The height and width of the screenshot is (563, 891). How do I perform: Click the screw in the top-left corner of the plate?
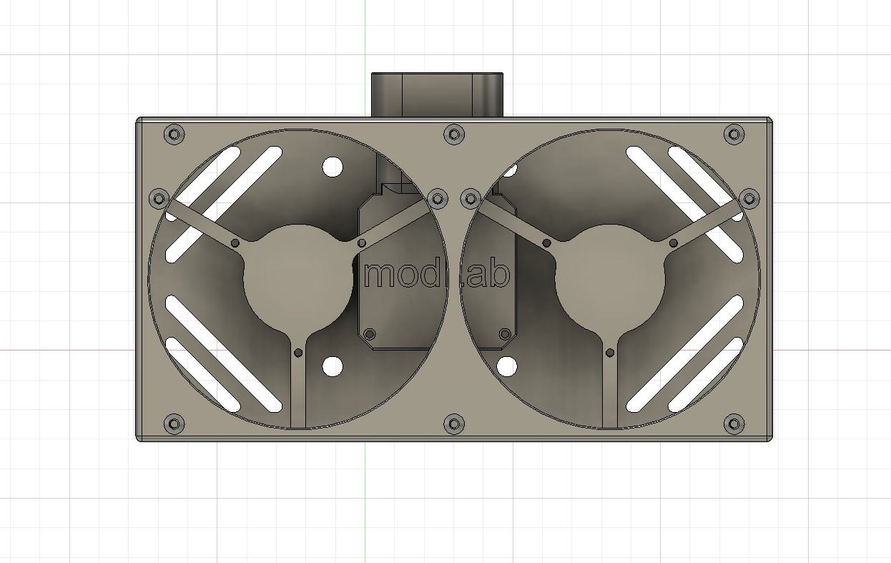174,134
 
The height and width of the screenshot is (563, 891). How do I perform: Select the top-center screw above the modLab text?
454,134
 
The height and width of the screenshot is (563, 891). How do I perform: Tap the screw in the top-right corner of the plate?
734,134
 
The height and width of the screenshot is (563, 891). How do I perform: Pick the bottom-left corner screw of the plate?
174,424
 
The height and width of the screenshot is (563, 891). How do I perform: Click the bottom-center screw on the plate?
454,424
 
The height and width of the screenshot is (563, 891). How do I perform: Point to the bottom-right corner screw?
734,424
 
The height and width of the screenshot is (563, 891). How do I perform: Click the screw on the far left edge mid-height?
159,198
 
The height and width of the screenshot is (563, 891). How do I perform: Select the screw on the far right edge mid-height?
749,198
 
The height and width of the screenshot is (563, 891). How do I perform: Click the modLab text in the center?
437,275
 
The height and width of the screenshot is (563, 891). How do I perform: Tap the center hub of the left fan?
299,280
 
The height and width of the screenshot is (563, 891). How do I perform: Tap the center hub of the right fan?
610,280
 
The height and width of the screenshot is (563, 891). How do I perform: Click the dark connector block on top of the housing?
437,94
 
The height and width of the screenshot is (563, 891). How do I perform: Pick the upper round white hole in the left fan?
333,167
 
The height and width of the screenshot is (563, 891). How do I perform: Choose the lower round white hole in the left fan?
333,367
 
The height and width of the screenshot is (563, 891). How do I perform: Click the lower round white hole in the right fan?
506,367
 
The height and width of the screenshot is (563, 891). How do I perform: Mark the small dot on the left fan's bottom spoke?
298,352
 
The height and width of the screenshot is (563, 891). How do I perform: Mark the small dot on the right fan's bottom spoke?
610,352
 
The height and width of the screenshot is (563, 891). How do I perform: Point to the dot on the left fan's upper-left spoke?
235,243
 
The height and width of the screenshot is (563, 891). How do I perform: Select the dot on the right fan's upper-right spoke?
674,243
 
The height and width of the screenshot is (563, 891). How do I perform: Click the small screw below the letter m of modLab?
370,334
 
